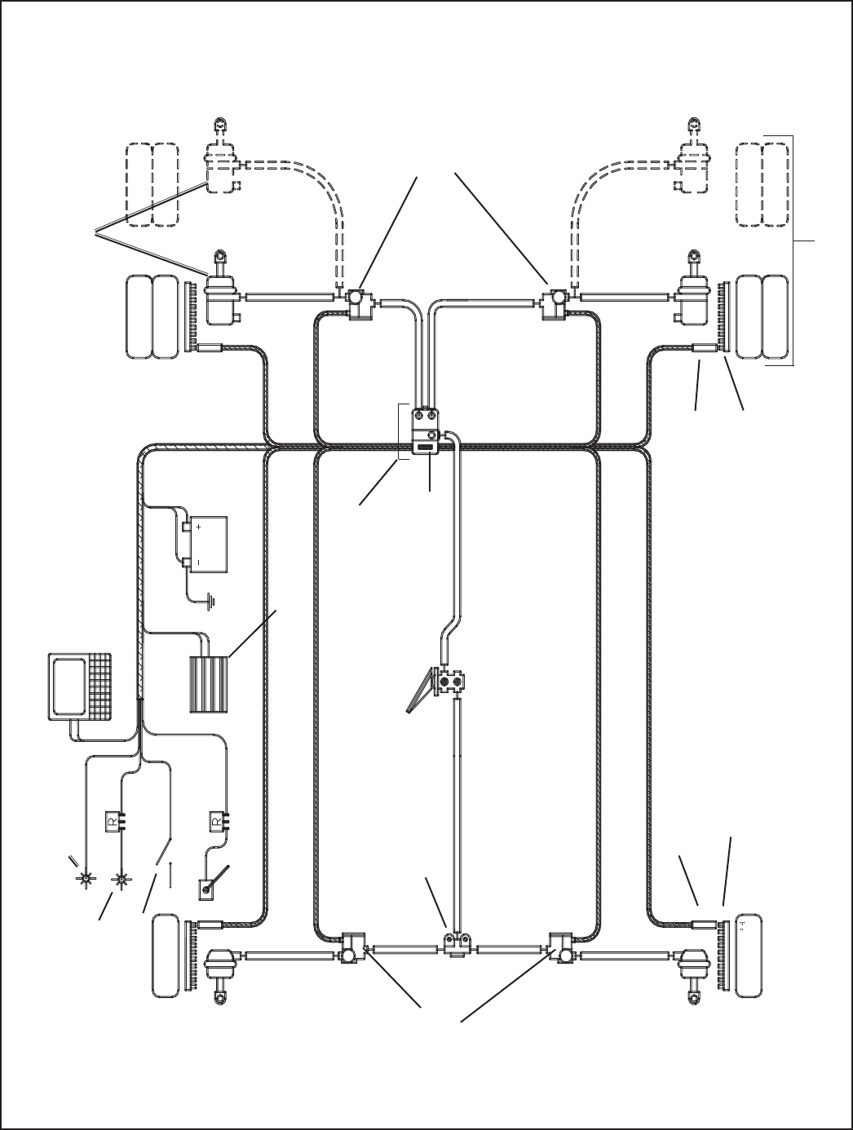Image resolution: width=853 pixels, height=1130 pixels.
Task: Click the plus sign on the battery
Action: tap(199, 527)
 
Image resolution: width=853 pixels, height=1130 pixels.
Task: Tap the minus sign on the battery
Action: tap(199, 562)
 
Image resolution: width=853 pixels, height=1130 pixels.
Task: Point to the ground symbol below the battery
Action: tap(210, 602)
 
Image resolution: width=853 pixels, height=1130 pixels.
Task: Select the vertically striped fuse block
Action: tap(209, 685)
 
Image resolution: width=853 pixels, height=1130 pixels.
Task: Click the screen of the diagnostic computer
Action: tap(69, 686)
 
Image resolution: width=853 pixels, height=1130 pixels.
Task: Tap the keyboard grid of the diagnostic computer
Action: tap(99, 686)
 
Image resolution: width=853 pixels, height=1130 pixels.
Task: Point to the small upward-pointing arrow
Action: tap(170, 874)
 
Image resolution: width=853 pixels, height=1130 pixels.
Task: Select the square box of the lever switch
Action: tap(206, 889)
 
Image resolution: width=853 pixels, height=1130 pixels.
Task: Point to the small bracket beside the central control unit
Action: tap(403, 432)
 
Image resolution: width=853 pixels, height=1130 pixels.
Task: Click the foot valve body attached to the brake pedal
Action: tap(451, 683)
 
